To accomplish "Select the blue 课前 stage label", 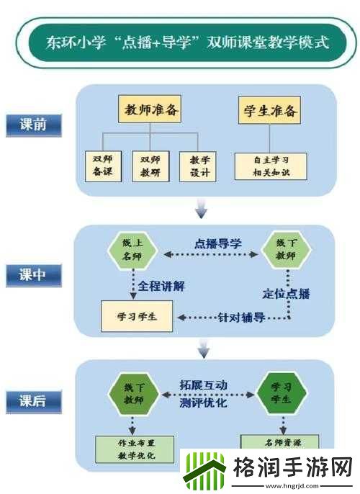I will pos(32,124).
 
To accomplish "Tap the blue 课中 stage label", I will pos(32,274).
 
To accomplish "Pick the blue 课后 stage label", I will pos(32,400).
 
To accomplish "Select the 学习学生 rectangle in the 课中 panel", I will pos(137,317).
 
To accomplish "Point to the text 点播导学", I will pos(217,243).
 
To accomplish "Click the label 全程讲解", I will pos(162,286).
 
